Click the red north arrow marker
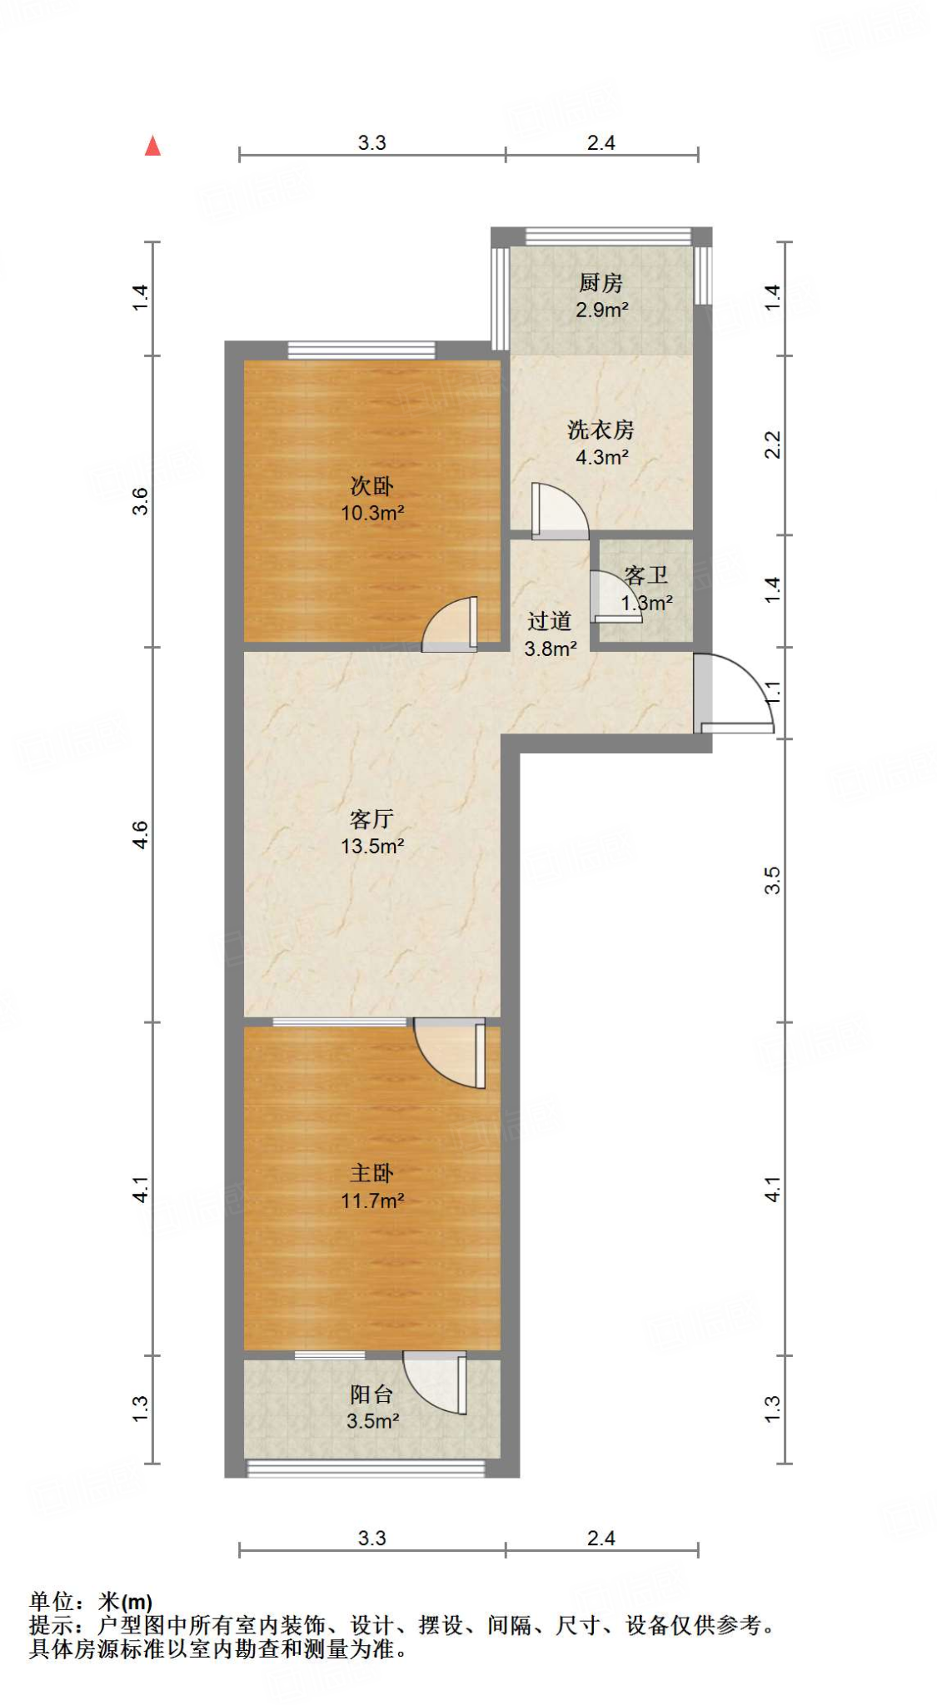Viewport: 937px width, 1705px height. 152,147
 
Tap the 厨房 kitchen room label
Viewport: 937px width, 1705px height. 601,283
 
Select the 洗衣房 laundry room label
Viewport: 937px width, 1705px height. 601,430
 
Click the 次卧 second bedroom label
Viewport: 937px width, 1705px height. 371,485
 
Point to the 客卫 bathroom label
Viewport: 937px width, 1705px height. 646,575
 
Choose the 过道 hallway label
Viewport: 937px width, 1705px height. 550,621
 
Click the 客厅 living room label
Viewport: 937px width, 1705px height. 371,819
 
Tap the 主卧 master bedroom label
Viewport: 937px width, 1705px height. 371,1173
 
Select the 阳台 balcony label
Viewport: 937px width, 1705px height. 371,1394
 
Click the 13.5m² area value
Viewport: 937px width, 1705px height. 372,847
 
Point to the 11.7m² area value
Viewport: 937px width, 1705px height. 372,1200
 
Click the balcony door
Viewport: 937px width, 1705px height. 436,1380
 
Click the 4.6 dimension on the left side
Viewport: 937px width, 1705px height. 141,834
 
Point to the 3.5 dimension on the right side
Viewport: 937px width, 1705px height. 773,880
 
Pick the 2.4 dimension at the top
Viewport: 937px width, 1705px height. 601,142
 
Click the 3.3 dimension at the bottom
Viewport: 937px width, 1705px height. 371,1538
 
